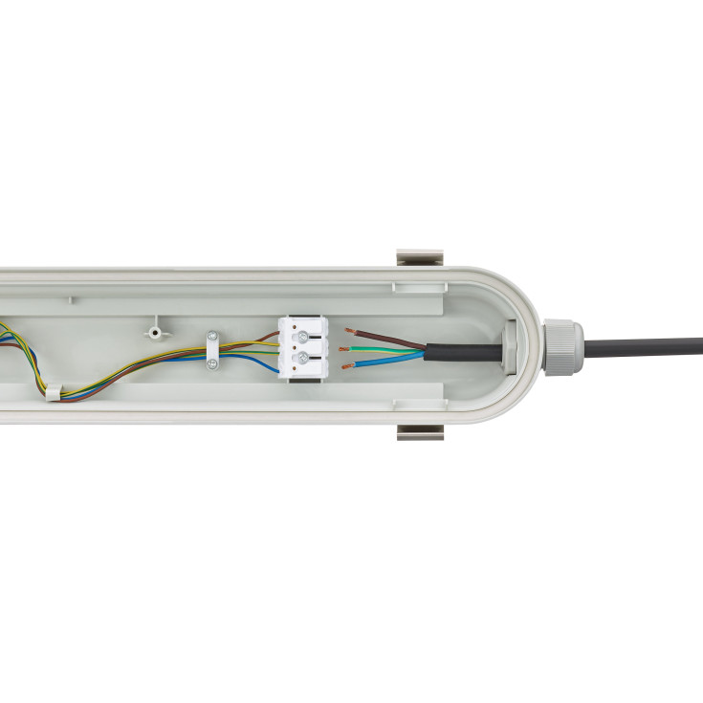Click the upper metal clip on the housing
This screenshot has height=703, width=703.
tap(421, 259)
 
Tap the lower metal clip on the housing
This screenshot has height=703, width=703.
tap(421, 432)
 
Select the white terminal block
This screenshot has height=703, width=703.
tap(303, 347)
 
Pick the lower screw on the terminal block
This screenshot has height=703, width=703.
tap(304, 358)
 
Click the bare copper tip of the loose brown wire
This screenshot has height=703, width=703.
tap(349, 332)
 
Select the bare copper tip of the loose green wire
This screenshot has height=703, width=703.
tap(346, 349)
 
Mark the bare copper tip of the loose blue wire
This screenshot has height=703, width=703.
tap(346, 364)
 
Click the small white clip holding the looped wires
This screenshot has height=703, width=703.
tap(53, 391)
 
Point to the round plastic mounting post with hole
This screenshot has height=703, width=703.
tap(154, 332)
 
